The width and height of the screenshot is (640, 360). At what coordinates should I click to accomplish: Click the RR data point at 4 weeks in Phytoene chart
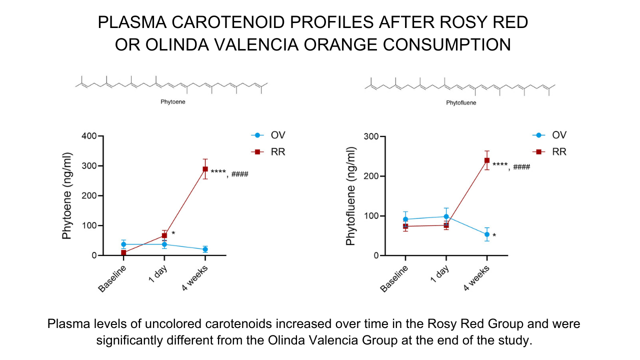pos(205,169)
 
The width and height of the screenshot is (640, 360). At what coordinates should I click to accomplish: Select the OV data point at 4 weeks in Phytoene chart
pos(205,249)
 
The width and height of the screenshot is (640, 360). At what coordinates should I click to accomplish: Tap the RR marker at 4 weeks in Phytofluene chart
pos(487,160)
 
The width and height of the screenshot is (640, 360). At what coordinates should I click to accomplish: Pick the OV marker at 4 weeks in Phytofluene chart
pos(487,234)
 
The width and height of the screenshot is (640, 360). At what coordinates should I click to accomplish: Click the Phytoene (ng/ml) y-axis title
pos(67,196)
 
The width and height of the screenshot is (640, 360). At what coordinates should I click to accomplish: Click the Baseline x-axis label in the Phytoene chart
pos(112,278)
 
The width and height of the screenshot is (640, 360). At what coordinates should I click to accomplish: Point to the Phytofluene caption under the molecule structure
pos(460,103)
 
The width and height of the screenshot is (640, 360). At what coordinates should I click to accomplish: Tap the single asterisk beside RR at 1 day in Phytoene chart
pos(173,233)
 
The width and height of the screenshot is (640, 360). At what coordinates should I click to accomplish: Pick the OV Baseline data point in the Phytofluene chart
pos(405,219)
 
